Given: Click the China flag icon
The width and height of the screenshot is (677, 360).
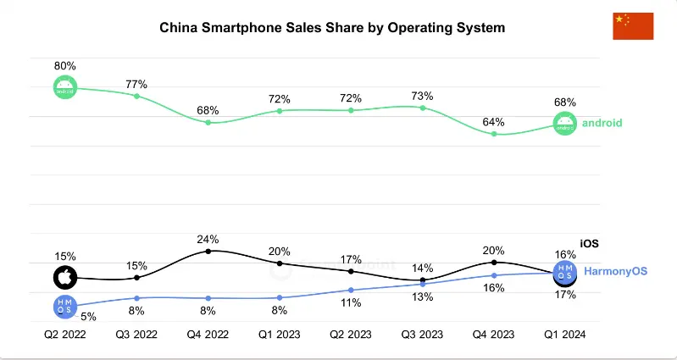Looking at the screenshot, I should point(633,26).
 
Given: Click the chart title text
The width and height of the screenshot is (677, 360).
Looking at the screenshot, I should point(332,28).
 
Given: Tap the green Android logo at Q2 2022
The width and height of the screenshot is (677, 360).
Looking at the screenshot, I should point(65,86).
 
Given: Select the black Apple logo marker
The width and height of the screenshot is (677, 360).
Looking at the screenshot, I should point(65,277).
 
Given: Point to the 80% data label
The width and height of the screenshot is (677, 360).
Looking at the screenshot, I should point(65,65).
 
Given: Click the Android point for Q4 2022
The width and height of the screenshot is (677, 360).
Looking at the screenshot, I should point(208,123).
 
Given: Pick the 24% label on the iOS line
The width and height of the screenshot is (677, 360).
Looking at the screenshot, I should point(208,239).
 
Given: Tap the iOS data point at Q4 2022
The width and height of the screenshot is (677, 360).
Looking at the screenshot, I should point(208,251).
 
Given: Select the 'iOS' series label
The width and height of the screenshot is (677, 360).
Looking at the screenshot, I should point(589,243).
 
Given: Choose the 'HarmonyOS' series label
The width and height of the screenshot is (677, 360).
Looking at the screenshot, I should point(615,271).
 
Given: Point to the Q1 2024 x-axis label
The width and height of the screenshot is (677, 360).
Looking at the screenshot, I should point(565,335).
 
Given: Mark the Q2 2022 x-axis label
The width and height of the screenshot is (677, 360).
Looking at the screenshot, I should point(65,335).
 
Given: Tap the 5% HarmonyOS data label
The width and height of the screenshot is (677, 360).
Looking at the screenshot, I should point(88,317).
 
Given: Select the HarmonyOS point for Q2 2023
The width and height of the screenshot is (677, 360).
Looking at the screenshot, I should point(351,290).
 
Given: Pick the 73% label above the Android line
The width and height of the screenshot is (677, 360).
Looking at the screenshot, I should point(422,96).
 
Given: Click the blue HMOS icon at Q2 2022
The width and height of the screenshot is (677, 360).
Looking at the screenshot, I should point(65,306).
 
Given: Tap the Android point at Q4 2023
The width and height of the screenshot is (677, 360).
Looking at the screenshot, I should point(494,134).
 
